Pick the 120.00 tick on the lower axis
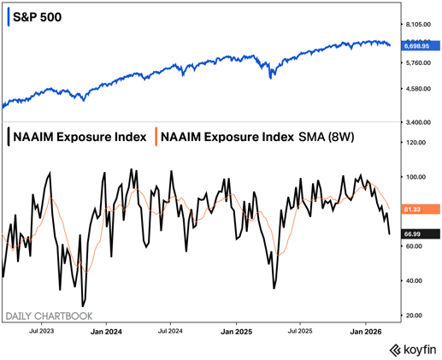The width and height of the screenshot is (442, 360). click(x=415, y=143)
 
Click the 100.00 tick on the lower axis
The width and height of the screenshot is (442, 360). click(x=415, y=177)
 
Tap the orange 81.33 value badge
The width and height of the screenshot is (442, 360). click(x=415, y=209)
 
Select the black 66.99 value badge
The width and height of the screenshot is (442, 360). click(x=415, y=233)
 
